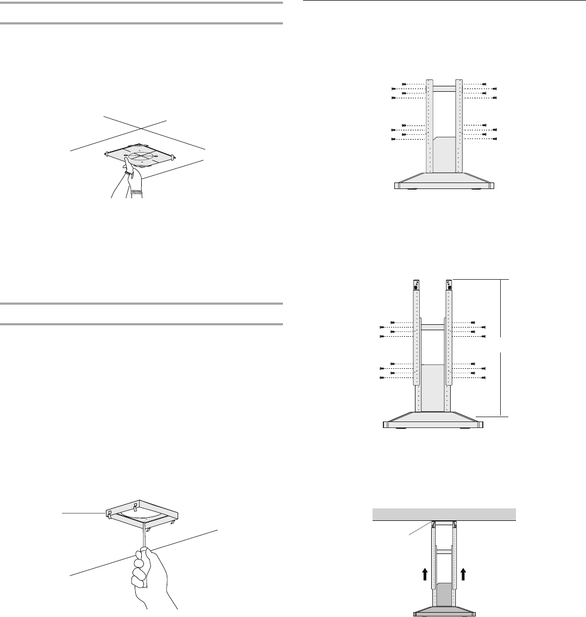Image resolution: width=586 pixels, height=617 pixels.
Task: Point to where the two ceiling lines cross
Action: click(x=141, y=129)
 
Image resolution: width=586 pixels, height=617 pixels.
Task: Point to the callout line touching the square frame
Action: click(x=81, y=512)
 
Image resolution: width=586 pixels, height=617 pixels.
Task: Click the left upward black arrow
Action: click(x=424, y=570)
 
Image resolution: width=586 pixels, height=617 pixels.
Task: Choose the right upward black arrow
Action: click(x=463, y=570)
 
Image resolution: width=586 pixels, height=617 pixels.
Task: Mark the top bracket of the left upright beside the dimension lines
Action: click(x=417, y=284)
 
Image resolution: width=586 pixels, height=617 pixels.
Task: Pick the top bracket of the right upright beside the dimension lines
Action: click(x=449, y=284)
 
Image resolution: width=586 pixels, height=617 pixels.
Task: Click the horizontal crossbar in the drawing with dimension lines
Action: click(x=433, y=327)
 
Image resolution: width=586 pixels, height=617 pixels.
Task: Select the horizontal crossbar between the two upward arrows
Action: click(x=444, y=551)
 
